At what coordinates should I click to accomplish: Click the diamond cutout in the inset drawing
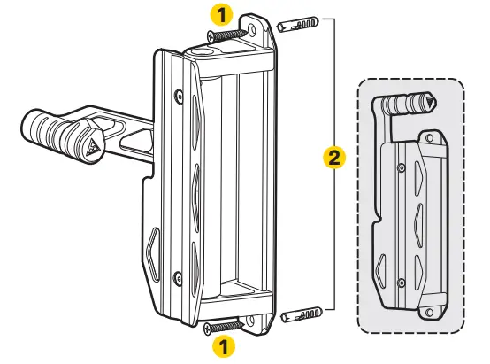379,267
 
